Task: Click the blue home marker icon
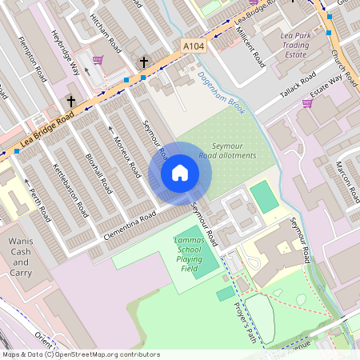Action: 180,173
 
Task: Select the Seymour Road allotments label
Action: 234,150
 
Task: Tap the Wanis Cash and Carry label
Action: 21,252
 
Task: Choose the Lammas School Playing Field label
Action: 185,254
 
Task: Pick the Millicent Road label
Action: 253,45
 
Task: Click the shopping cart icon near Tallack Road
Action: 307,102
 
